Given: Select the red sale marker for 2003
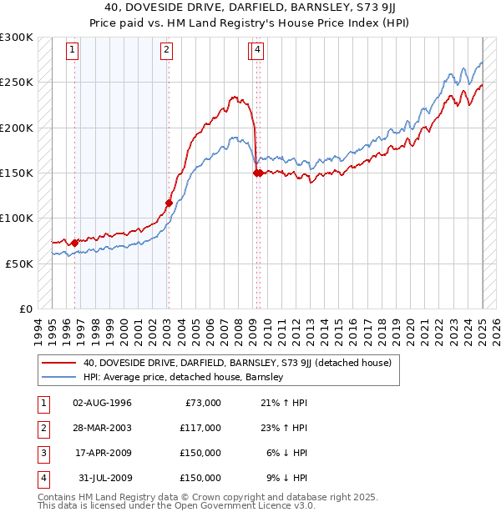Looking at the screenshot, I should point(169,202).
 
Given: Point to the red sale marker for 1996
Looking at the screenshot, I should point(74,243).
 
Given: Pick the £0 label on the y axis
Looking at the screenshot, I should point(26,309).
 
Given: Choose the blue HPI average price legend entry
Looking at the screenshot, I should point(184,377).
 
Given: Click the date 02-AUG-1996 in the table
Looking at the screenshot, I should point(102,403).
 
